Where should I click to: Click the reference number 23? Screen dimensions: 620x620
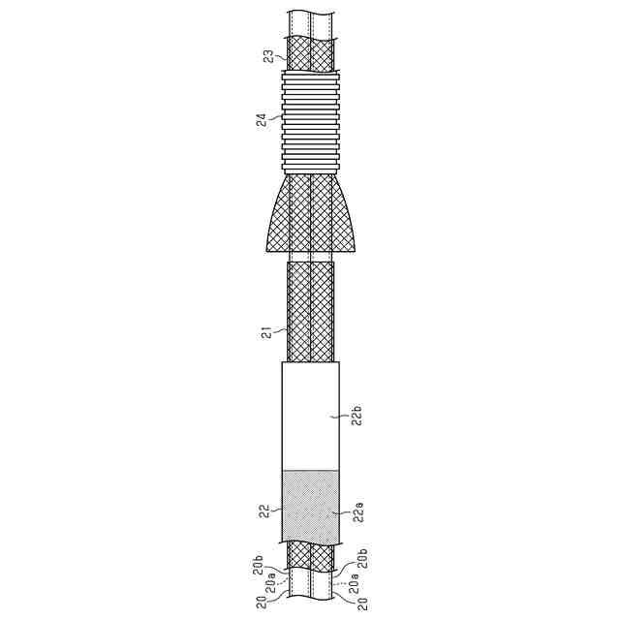point(269,56)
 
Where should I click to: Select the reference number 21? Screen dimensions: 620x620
point(269,333)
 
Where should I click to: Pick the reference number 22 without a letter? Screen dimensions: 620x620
point(264,511)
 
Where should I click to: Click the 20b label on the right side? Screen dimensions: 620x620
point(364,558)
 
